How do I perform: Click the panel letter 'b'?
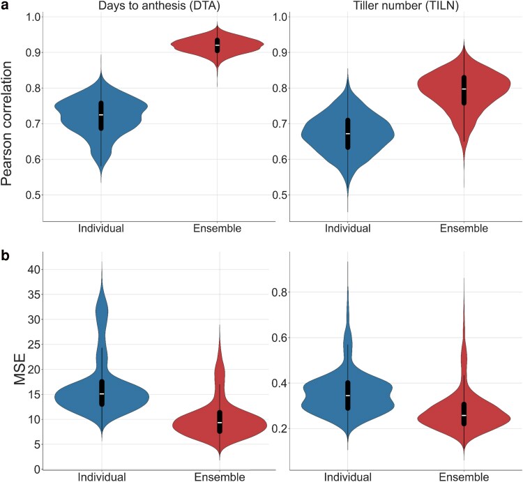[6, 255]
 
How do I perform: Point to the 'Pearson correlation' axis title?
[7, 123]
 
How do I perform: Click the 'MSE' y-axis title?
[20, 369]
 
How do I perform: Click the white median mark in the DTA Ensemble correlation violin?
[218, 45]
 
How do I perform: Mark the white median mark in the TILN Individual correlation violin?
[348, 133]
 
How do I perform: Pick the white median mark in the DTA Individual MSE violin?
[102, 394]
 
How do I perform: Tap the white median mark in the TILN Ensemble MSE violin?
[464, 415]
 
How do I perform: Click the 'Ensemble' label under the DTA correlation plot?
[217, 229]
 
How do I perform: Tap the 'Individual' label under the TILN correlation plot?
[347, 229]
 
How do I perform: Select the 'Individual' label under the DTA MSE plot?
[102, 477]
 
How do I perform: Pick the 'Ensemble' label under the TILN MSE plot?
[464, 477]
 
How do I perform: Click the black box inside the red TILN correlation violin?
[464, 91]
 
